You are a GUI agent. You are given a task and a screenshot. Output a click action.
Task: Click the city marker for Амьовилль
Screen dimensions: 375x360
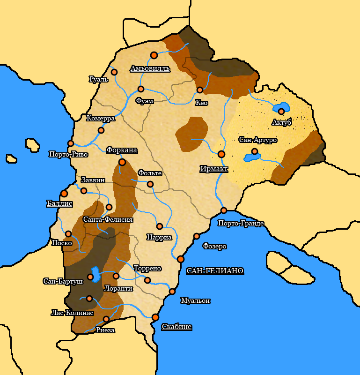tap(154, 55)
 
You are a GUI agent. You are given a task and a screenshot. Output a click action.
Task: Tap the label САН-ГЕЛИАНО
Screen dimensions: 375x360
tap(215, 271)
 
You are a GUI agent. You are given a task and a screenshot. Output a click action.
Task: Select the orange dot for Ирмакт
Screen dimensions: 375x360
tap(221, 154)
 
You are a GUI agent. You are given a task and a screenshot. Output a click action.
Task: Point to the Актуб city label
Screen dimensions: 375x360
tap(282, 122)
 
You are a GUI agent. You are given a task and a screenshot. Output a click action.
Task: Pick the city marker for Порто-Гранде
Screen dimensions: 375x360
tap(224, 210)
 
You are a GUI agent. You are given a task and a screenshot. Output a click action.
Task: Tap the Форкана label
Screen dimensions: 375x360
tap(122, 150)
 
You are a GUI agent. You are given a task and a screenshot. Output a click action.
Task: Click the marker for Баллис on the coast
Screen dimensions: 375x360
tap(64, 193)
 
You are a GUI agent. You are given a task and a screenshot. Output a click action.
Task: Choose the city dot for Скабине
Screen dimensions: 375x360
tap(155, 317)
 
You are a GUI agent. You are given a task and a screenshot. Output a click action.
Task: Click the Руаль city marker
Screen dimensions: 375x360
tap(114, 72)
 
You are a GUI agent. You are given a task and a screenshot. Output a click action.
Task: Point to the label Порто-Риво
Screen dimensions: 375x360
tap(66, 154)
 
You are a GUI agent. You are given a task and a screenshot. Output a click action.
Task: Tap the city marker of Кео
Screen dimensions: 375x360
tap(200, 90)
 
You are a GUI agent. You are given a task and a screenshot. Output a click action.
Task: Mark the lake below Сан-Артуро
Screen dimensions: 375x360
tap(253, 157)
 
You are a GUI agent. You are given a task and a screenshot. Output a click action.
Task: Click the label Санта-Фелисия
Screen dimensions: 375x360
tap(108, 219)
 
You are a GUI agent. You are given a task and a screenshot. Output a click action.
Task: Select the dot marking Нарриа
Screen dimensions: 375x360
tap(160, 226)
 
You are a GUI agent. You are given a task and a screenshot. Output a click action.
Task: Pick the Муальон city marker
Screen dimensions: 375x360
tap(172, 292)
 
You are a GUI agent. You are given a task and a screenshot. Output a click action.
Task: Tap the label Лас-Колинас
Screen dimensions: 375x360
tap(72, 313)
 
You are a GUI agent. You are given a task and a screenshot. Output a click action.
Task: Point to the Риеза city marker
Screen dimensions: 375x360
tap(106, 319)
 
